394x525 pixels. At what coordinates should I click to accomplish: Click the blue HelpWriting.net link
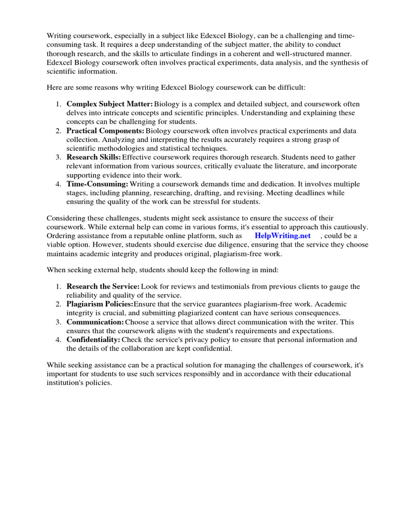click(x=283, y=236)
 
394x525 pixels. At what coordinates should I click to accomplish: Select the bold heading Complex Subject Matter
click(x=109, y=104)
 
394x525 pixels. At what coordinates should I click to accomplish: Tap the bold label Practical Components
click(x=105, y=131)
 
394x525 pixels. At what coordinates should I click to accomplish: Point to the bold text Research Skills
click(x=94, y=157)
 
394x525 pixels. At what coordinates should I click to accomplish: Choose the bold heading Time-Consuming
click(x=97, y=184)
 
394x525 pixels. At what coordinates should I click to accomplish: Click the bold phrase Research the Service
click(x=103, y=286)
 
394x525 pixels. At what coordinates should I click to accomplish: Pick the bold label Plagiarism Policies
click(x=100, y=304)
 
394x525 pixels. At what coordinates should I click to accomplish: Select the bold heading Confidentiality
click(x=93, y=340)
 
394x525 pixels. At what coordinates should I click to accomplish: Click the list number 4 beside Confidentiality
click(x=59, y=340)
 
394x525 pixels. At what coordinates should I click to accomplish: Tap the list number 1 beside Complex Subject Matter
click(x=59, y=104)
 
